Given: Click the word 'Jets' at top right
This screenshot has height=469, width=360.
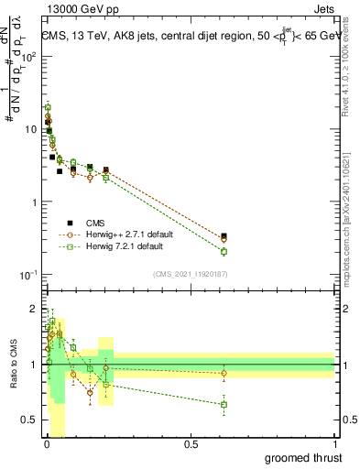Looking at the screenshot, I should pos(321,9).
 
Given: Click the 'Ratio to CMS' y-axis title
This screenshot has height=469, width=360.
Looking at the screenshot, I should pos(12,365).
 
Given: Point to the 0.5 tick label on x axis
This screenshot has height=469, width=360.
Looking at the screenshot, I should pos(191,444).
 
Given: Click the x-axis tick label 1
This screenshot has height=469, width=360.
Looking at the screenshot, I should pos(333,444).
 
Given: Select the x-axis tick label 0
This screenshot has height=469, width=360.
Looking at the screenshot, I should pos(47,444).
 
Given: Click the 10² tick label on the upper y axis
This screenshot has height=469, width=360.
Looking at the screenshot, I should pos(29,57).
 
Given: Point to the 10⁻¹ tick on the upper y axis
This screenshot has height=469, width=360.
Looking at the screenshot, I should pos(29,275).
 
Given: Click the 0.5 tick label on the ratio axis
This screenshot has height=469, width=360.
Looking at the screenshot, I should pos(30,420).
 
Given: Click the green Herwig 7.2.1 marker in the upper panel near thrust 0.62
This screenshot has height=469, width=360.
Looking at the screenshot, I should pos(224,251).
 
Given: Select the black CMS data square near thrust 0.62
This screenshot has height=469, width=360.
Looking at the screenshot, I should pos(224,236).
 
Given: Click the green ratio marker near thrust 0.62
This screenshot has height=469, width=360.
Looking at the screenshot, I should pos(224,404).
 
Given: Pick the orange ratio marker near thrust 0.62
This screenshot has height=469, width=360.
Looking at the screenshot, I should pos(224,373).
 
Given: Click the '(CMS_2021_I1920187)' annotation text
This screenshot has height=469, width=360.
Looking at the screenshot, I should pos(191,274).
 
